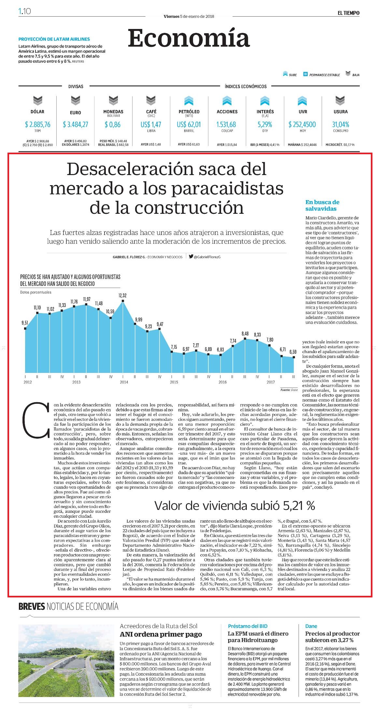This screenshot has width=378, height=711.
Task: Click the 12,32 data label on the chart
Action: click(122, 295)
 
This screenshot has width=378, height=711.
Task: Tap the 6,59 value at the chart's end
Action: click(293, 352)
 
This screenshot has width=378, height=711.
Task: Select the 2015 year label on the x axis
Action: click(174, 382)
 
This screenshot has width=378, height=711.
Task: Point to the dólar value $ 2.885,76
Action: click(38, 124)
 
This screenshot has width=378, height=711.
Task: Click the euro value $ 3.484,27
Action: click(76, 124)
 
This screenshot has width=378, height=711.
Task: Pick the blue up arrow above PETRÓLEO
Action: click(189, 101)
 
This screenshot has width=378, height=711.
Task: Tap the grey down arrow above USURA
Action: click(340, 101)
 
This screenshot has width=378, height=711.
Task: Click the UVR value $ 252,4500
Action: click(302, 124)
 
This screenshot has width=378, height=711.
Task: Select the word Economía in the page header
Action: click(189, 38)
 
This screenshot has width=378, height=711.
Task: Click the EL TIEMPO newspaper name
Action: click(348, 13)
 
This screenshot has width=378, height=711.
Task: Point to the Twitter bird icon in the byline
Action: click(191, 256)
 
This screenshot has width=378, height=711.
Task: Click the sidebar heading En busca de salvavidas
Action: click(322, 205)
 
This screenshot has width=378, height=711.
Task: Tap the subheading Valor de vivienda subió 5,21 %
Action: click(234, 505)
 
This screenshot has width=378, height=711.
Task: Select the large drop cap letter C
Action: click(36, 420)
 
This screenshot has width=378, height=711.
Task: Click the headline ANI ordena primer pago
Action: click(161, 634)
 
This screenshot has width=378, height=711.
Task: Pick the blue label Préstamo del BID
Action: click(248, 626)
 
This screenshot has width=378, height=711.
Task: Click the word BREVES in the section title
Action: click(32, 607)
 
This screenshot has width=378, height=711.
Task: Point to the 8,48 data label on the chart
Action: click(245, 334)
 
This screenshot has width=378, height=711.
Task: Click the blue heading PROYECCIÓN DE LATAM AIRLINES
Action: click(54, 39)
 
